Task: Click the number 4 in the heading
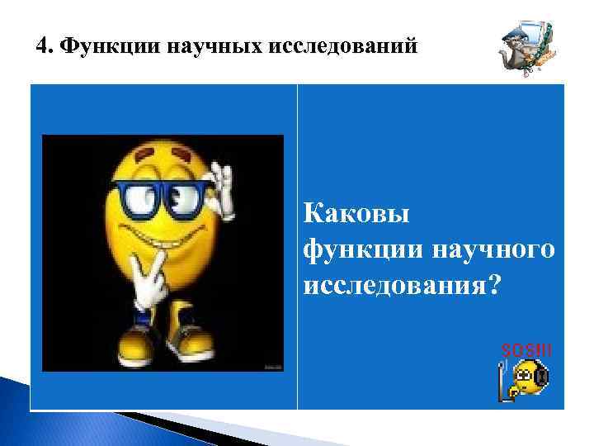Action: point(42,46)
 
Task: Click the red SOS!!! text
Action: point(526,351)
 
